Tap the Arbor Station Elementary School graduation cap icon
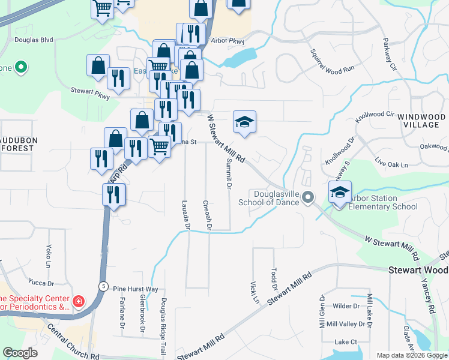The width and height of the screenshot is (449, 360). [x=340, y=192]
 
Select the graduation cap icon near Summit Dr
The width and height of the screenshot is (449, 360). [x=244, y=122]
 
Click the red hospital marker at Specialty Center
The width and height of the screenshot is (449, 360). [x=78, y=299]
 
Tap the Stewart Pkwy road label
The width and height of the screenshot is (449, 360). [x=91, y=93]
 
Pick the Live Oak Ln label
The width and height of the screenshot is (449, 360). [x=391, y=164]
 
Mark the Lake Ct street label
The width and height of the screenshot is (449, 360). [x=346, y=342]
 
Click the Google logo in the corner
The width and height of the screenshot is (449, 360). [x=20, y=353]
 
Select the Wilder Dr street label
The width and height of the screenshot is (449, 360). [x=346, y=306]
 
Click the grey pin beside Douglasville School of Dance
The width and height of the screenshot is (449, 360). [x=309, y=197]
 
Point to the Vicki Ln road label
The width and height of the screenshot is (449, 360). [x=253, y=291]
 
